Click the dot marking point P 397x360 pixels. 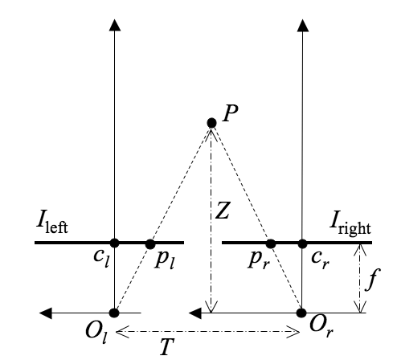211,123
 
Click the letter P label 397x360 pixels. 230,113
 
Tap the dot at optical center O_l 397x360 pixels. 114,313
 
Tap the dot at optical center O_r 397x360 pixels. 301,313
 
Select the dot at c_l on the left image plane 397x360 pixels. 115,243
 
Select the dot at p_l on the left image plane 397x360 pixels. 150,244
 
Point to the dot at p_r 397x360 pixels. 271,244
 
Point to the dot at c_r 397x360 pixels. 302,243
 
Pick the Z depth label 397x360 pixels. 223,211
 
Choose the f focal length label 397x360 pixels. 373,280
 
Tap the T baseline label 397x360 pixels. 166,346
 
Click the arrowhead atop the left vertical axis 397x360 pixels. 115,25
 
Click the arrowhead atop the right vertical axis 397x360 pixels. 303,25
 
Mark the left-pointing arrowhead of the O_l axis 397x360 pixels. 46,313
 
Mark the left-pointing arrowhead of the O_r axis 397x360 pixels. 195,313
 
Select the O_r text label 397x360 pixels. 321,327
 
